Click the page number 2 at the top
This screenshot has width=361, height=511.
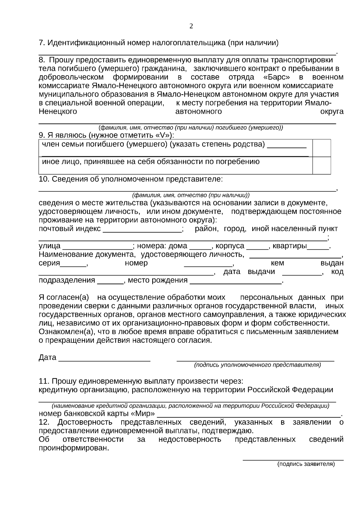(191, 26)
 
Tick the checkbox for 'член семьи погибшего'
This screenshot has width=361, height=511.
(322, 148)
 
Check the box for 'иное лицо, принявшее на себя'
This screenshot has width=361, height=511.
(322, 165)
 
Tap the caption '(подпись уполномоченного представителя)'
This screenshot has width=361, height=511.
(258, 365)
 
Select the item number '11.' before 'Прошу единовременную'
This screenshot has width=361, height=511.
(44, 381)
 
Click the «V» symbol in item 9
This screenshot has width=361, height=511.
(165, 135)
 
